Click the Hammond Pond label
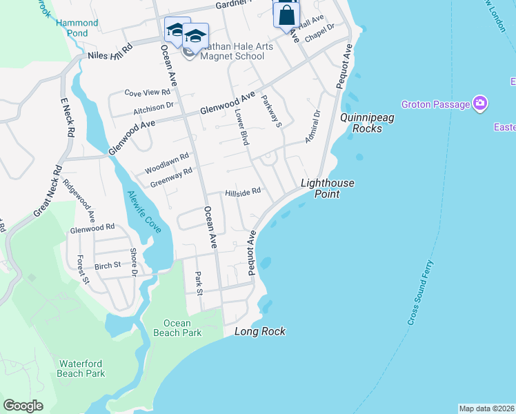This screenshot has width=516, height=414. (x=77, y=28)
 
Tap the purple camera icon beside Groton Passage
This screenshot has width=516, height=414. (x=480, y=104)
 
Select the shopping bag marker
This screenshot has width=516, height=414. (x=286, y=14)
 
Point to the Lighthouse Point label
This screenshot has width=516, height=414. (x=328, y=188)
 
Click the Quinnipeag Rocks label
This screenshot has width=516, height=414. (x=367, y=123)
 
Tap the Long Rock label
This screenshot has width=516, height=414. (x=260, y=331)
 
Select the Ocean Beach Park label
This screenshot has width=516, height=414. (x=183, y=328)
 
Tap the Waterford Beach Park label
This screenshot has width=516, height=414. (x=81, y=368)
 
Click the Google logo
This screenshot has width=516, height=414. (x=23, y=406)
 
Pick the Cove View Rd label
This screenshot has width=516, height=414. (x=147, y=92)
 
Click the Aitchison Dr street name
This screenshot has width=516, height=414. (x=153, y=107)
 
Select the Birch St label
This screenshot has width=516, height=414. (x=107, y=264)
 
